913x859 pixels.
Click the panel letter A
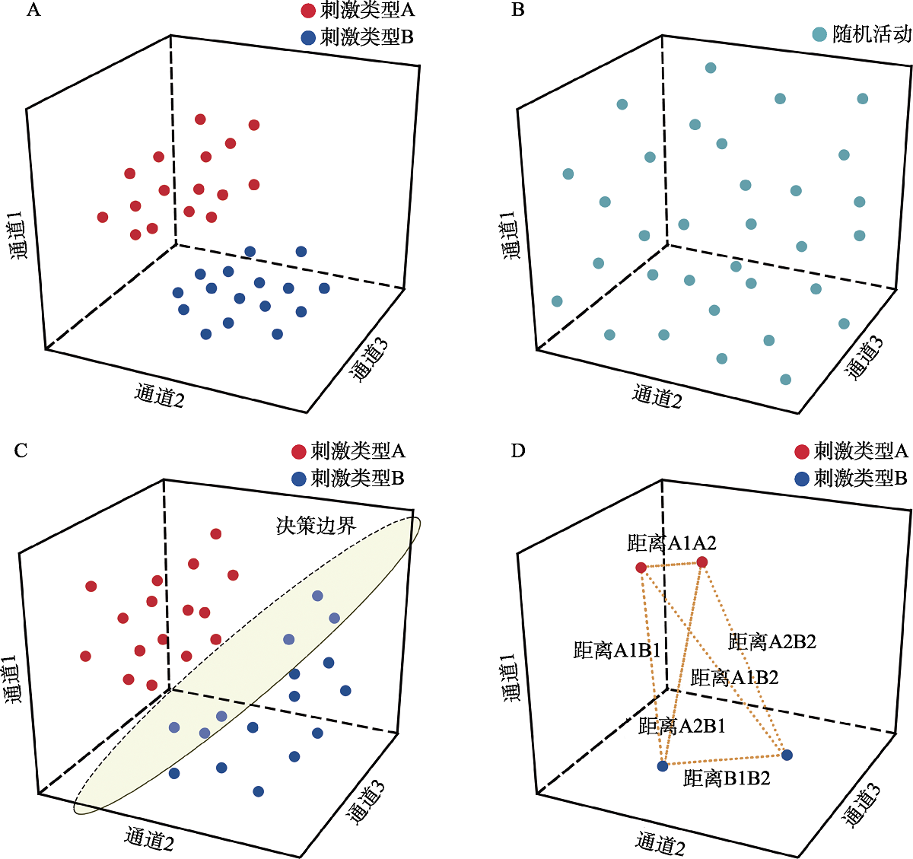33,11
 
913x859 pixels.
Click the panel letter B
518,11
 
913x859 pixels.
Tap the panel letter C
21,451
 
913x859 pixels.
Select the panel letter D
518,451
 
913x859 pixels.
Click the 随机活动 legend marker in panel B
819,34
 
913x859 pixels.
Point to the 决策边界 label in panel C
316,525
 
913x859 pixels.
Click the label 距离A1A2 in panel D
672,542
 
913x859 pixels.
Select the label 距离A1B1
616,650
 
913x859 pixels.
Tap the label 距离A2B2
771,641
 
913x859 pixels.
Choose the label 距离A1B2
734,677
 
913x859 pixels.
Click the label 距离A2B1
682,726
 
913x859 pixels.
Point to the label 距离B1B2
727,778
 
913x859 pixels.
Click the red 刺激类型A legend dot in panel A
308,11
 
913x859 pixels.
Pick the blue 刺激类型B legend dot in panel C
299,479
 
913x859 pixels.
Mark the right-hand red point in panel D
702,562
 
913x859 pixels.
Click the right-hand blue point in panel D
787,755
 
